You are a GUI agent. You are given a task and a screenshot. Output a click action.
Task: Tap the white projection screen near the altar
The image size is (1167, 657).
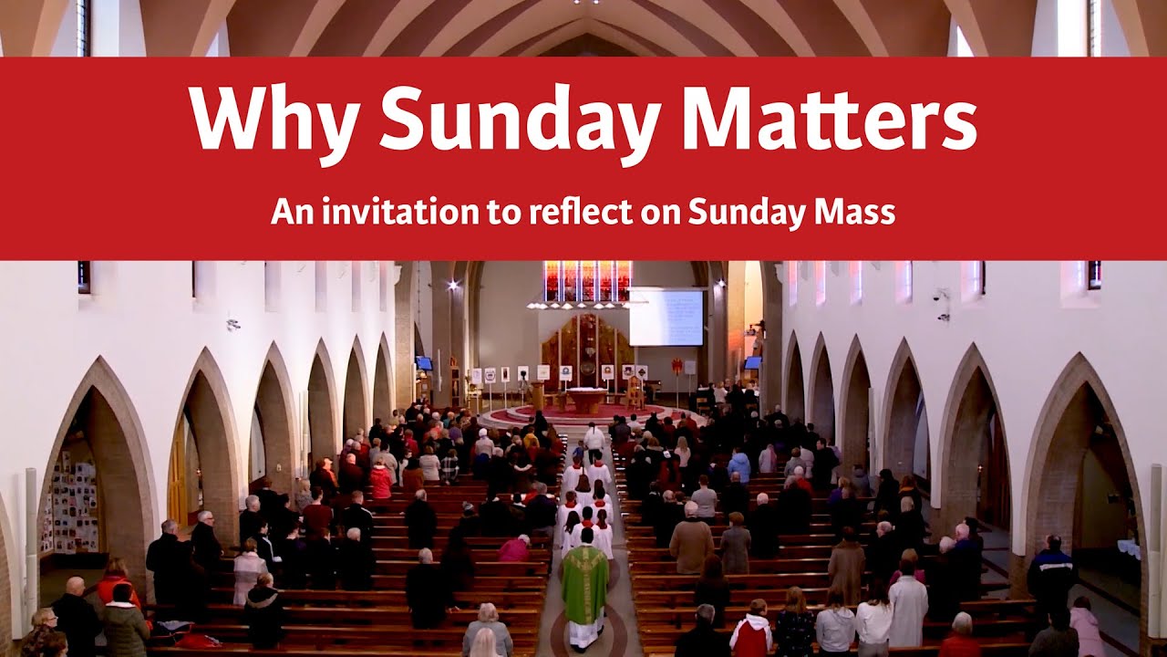(x=666, y=317)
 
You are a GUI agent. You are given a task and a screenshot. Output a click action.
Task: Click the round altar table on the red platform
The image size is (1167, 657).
(x=587, y=400)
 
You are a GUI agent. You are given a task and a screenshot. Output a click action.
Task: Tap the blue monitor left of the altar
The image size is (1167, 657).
(x=424, y=363)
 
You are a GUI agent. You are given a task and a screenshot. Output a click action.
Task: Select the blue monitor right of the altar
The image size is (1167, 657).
(x=752, y=362)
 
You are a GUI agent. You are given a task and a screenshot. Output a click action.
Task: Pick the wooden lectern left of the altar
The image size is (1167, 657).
(x=537, y=395)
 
